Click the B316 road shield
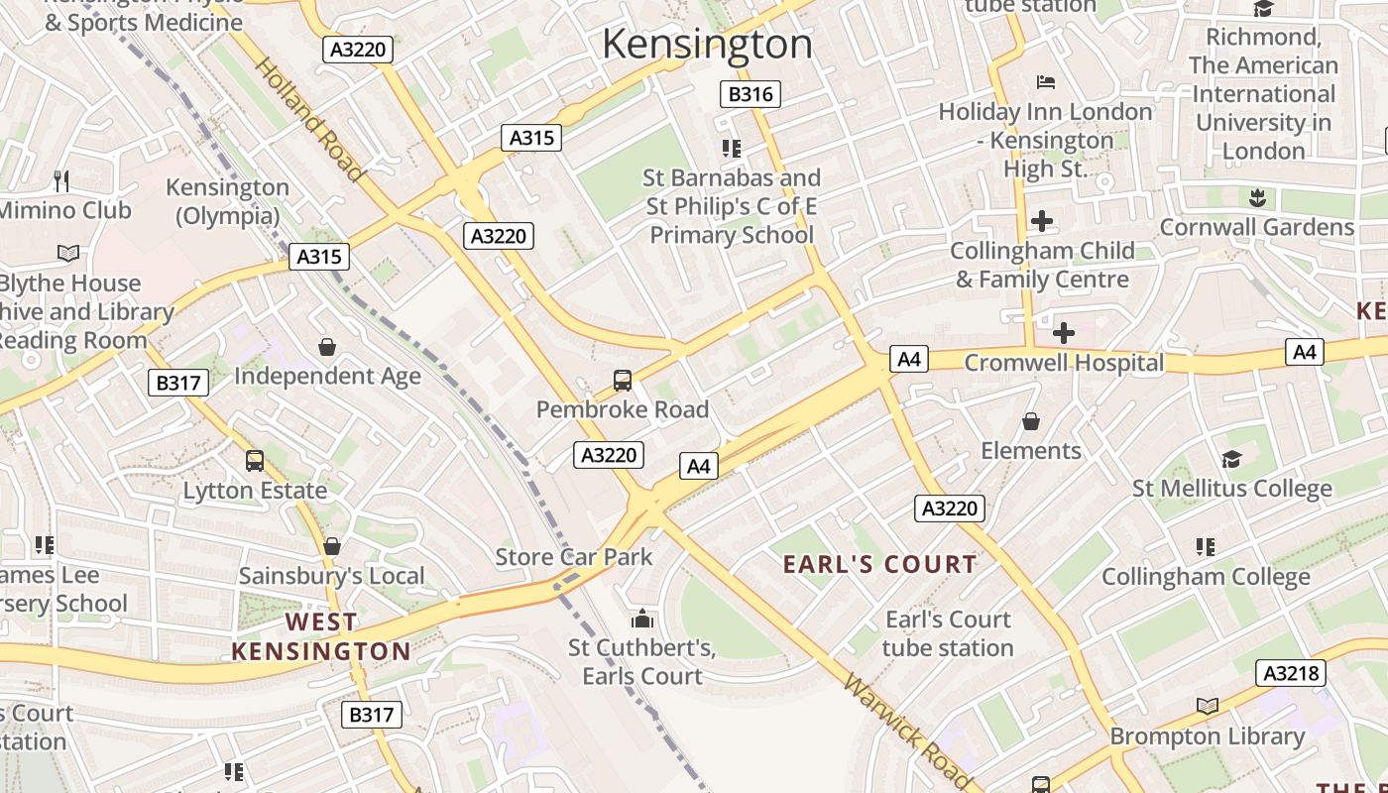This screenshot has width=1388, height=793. tap(750, 94)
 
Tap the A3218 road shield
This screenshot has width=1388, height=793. tap(1291, 674)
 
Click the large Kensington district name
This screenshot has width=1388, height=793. tap(707, 45)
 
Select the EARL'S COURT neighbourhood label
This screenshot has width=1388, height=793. tap(880, 565)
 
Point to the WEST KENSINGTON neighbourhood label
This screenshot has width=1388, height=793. tap(320, 636)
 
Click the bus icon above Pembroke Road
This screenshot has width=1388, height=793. tap(623, 380)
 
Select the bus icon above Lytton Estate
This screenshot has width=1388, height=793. tap(255, 460)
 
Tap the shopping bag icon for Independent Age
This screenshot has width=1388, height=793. tap(327, 347)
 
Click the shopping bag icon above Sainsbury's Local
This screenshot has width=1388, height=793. tap(332, 546)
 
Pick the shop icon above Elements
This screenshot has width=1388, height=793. tap(1031, 421)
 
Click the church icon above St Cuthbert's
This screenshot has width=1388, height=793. tap(642, 620)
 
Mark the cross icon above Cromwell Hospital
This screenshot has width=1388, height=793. tap(1064, 333)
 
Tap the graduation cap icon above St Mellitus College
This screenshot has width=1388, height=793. tap(1231, 459)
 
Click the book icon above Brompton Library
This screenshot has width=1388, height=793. tap(1207, 707)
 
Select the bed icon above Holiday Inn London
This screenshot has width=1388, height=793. tap(1045, 81)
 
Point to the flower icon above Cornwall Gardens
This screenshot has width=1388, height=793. tap(1257, 197)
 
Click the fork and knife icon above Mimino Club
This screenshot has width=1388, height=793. tap(61, 180)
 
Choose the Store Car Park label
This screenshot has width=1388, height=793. tap(574, 557)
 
